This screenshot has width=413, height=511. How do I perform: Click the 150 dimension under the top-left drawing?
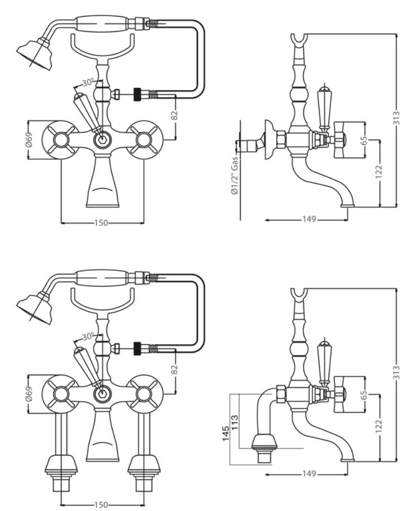point(101,223)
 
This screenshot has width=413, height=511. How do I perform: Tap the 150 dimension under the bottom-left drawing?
point(101,505)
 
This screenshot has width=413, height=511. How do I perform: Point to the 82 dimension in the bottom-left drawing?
point(175,370)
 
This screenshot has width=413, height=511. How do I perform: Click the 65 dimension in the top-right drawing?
point(364,140)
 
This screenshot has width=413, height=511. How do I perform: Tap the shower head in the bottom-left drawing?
point(34,306)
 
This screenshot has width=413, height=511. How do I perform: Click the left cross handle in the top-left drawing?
point(60,140)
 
